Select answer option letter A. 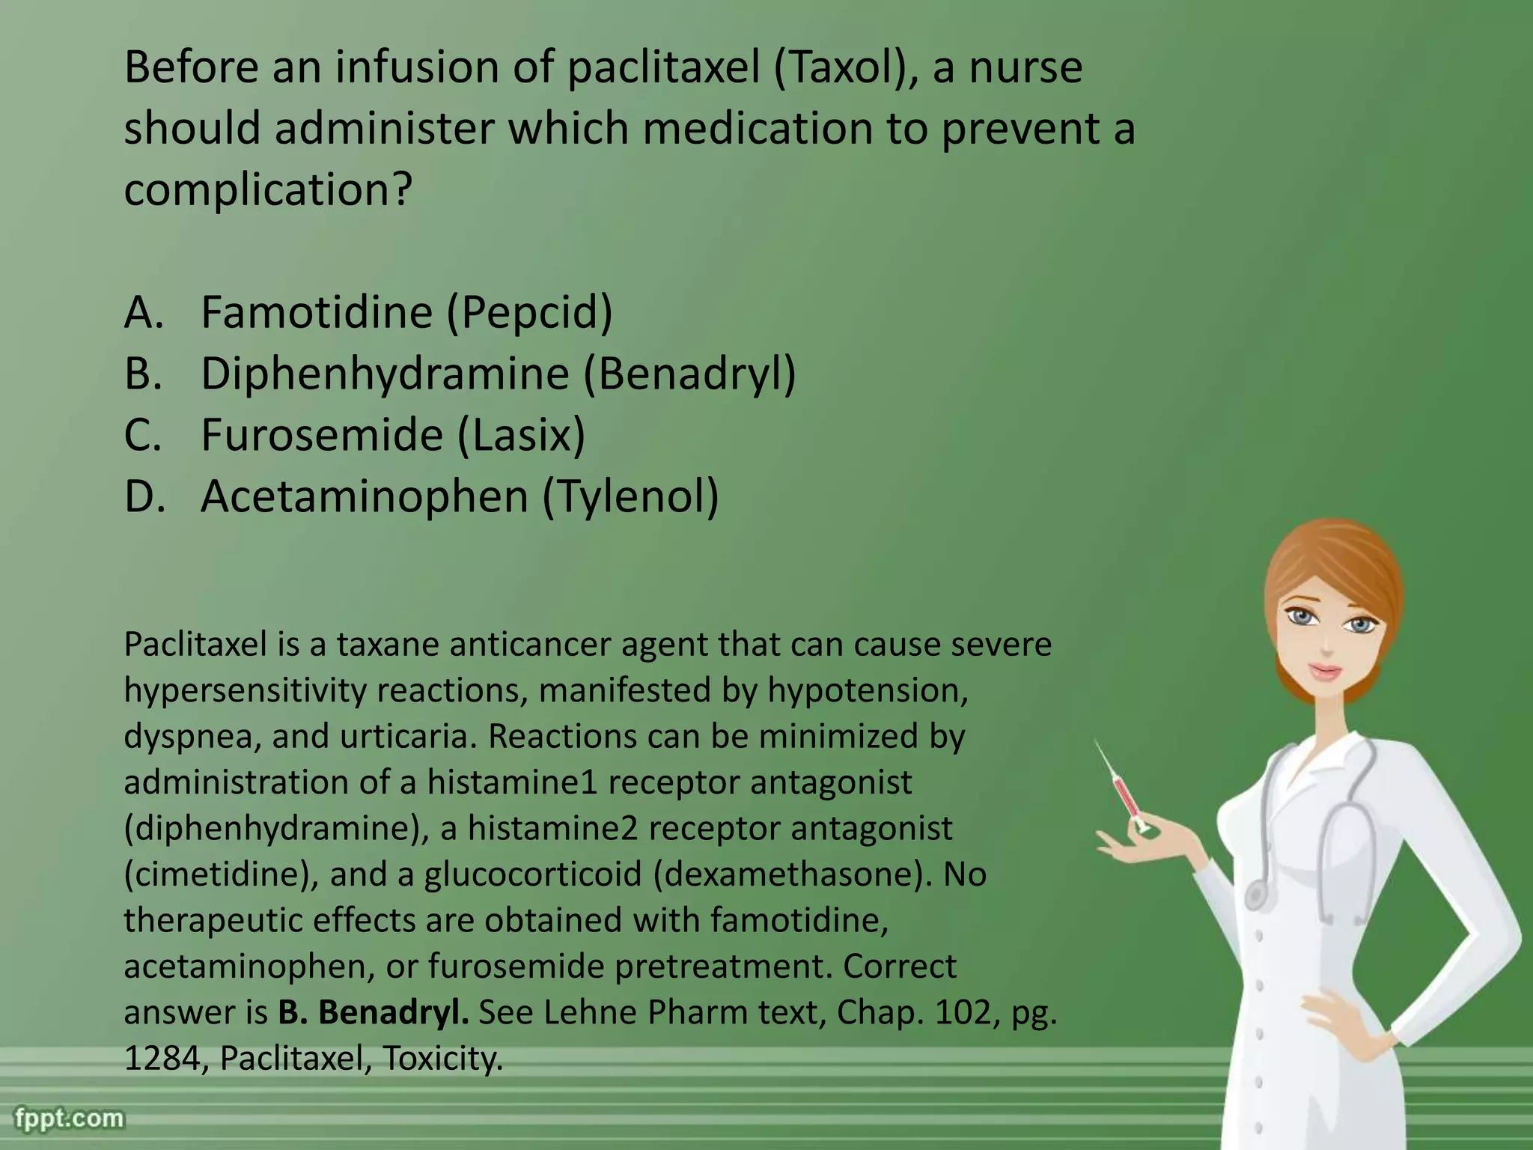pyautogui.click(x=142, y=312)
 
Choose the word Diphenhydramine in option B pyautogui.click(x=385, y=374)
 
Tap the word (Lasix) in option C pyautogui.click(x=521, y=435)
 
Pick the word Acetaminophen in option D pyautogui.click(x=365, y=496)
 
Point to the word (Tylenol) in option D pyautogui.click(x=630, y=496)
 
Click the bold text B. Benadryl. pyautogui.click(x=374, y=1012)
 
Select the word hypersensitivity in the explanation pyautogui.click(x=245, y=690)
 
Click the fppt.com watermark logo pyautogui.click(x=69, y=1119)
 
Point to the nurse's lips pyautogui.click(x=1325, y=671)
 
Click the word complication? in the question pyautogui.click(x=267, y=190)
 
